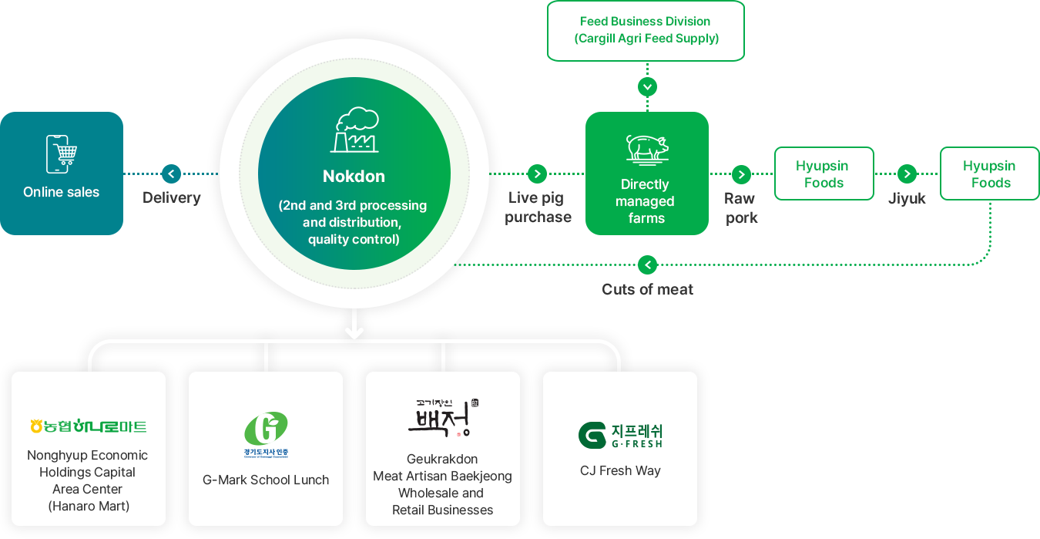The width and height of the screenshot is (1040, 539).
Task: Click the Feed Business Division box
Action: [646, 30]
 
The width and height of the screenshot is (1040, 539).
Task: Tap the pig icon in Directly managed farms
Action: [646, 147]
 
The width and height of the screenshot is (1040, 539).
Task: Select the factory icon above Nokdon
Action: [355, 130]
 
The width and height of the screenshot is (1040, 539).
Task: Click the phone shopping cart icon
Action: [62, 153]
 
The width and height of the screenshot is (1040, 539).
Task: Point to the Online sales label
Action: [62, 192]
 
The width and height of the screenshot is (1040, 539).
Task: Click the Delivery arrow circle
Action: [171, 173]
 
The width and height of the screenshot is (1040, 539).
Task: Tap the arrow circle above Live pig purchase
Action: [537, 173]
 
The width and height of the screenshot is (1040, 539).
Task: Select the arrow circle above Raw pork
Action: [741, 173]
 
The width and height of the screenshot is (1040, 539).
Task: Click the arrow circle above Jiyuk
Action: [907, 173]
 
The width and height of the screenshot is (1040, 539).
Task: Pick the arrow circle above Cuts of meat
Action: [648, 264]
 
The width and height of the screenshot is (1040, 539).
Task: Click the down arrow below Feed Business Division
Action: [647, 86]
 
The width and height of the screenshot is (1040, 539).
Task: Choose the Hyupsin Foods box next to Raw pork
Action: [824, 173]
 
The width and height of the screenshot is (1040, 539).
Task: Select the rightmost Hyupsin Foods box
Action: [990, 173]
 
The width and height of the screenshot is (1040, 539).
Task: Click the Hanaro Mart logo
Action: [88, 426]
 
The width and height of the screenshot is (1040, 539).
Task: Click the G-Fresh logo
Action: [620, 435]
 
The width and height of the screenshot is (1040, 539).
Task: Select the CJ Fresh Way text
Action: [620, 470]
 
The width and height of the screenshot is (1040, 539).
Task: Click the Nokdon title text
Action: [354, 176]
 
